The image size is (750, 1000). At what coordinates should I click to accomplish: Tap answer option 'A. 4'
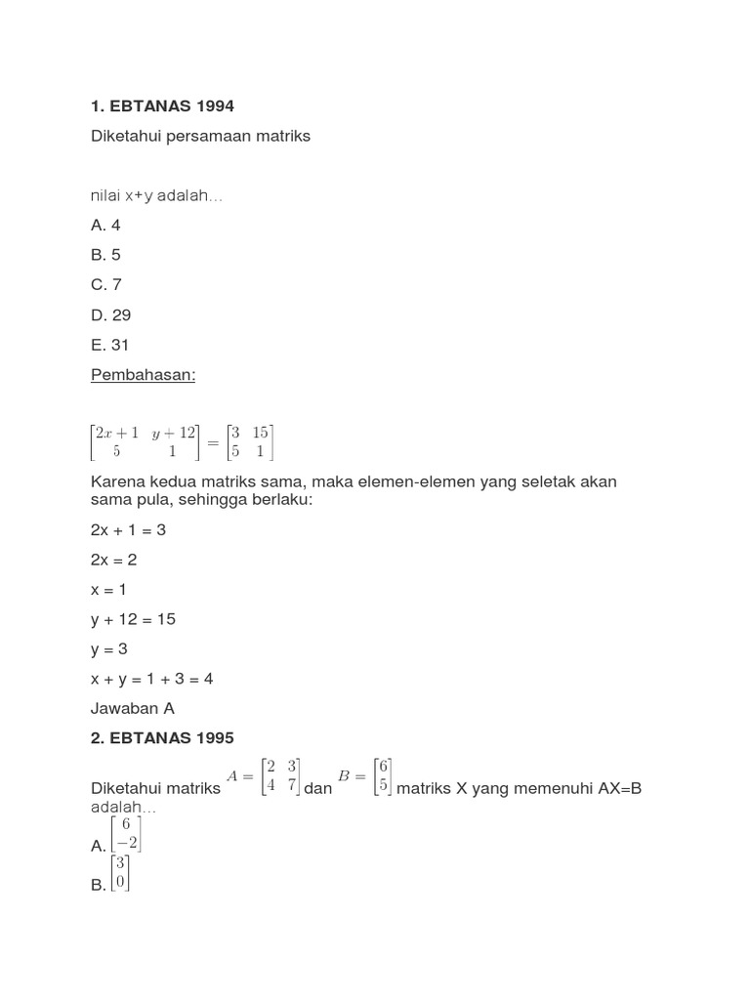point(105,225)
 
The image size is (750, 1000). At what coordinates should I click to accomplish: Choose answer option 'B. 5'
point(105,255)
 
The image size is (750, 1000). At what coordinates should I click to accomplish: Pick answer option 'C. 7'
point(106,285)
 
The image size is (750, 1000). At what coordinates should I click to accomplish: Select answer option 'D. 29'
point(110,315)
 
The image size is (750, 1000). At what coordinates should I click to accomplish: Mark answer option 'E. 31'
point(109,345)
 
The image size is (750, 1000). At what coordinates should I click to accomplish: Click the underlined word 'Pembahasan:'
point(143,375)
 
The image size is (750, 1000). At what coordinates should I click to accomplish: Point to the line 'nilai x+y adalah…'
point(156,195)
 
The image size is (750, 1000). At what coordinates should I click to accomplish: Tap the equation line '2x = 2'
point(114,560)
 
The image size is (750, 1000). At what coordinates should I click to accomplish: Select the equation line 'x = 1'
point(108,590)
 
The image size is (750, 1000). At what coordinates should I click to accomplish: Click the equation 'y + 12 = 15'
point(133,619)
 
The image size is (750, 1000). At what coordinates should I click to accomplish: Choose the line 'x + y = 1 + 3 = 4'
point(151,679)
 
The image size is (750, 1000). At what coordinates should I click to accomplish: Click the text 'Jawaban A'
point(133,709)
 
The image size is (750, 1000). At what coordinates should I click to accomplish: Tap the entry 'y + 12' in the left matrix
point(174,432)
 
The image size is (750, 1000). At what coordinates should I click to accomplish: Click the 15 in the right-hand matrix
point(260,432)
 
